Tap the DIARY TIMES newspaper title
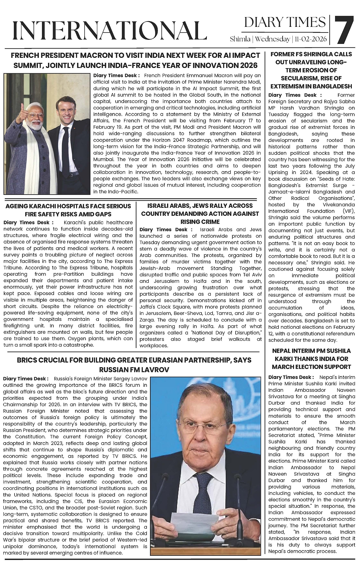285,22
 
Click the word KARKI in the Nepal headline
283,359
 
